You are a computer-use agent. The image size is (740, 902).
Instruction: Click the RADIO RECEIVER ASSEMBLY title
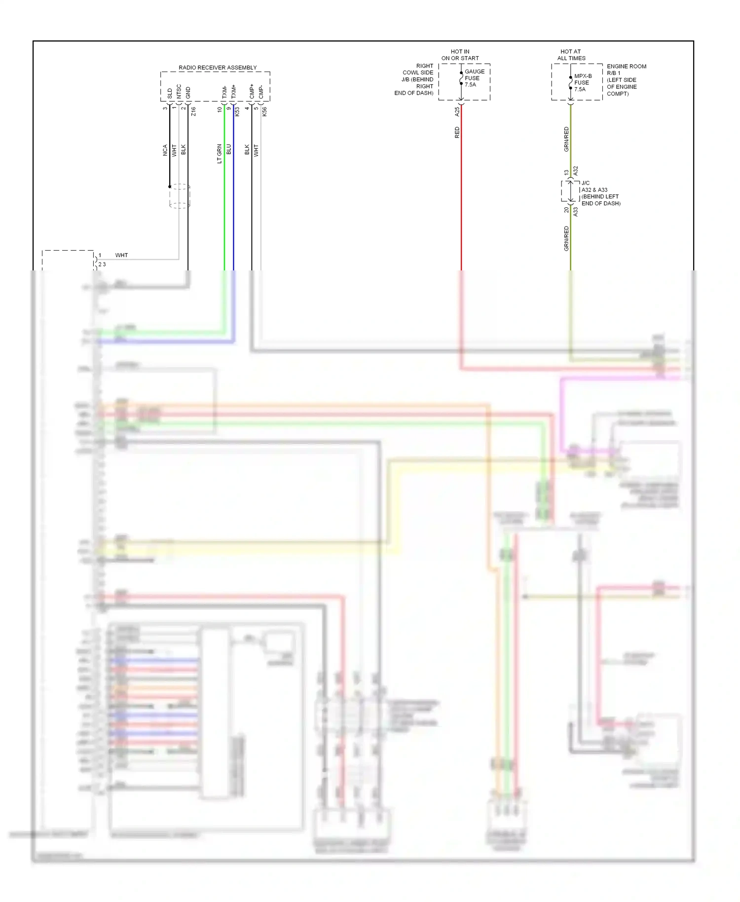click(218, 68)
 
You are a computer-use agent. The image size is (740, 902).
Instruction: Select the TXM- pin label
click(224, 92)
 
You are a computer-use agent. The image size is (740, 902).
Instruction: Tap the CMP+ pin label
click(252, 91)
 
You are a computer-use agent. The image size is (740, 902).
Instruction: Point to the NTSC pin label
click(179, 91)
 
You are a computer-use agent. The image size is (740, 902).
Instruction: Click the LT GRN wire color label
click(220, 153)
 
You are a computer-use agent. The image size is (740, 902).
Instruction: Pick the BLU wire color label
click(229, 149)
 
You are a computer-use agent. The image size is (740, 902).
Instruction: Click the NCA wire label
click(165, 150)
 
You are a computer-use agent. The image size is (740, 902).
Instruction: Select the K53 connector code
click(237, 112)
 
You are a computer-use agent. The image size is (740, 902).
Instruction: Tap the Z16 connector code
click(193, 112)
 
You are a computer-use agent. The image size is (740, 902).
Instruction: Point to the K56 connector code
click(265, 112)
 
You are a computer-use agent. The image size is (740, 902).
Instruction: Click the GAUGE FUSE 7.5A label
click(474, 78)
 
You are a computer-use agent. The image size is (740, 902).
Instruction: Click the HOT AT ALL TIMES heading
click(571, 55)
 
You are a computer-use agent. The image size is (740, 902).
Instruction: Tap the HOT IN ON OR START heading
click(460, 55)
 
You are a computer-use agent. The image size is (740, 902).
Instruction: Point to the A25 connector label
click(457, 112)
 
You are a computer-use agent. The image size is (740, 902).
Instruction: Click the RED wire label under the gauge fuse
click(457, 132)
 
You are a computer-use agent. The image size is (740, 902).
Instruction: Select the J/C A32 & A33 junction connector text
click(600, 193)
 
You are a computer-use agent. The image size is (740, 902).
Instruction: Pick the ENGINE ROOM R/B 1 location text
click(626, 79)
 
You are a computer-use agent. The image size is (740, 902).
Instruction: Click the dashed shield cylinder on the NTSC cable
click(180, 196)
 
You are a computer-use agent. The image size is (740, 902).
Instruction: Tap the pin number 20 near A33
click(566, 210)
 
